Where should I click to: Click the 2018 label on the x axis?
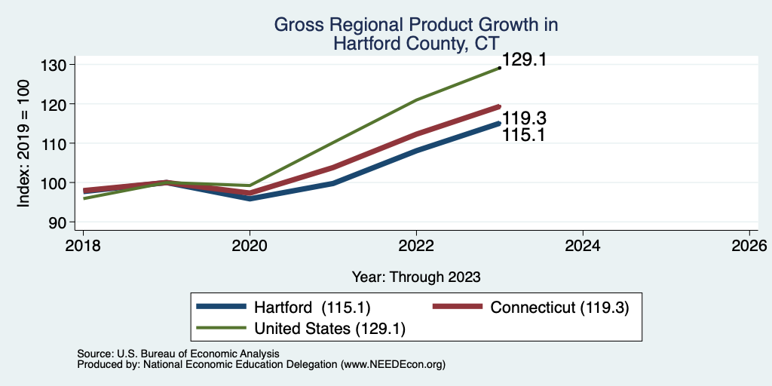tap(83, 246)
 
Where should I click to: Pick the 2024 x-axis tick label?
tap(583, 246)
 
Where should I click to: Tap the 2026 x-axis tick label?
tap(749, 246)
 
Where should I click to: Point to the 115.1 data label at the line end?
tap(523, 135)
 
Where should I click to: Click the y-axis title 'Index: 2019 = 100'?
tap(23, 143)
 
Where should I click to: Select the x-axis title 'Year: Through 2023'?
tap(416, 277)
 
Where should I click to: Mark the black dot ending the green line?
tap(500, 68)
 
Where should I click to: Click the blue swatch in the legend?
tap(221, 307)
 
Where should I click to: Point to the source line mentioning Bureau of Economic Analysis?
tap(178, 354)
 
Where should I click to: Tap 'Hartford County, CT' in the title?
tap(416, 43)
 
